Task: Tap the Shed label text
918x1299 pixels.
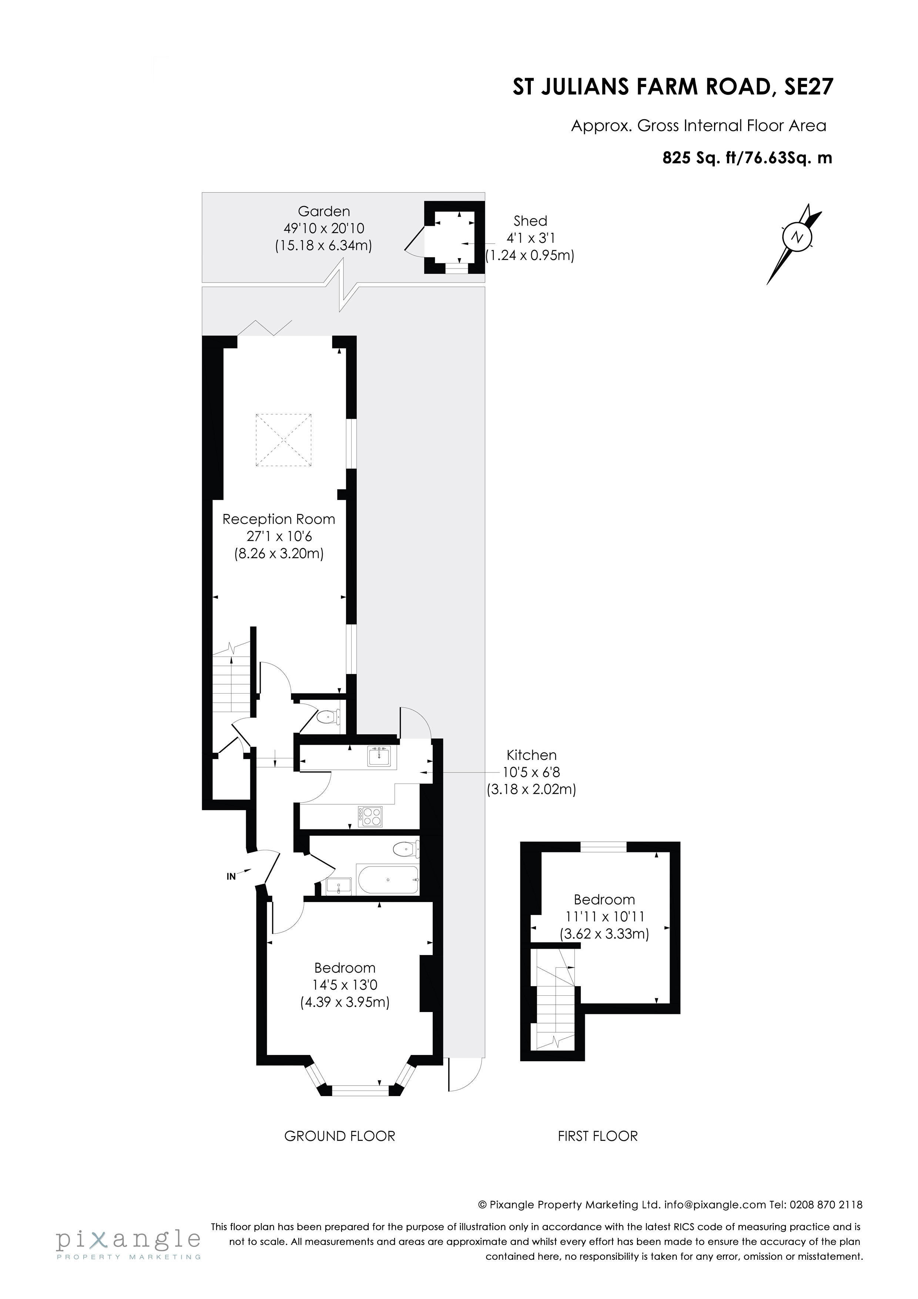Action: point(530,221)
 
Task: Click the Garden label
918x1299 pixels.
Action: point(324,211)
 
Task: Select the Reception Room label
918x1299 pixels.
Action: point(278,520)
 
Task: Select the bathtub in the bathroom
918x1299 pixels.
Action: point(388,880)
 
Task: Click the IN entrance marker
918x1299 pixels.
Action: point(231,876)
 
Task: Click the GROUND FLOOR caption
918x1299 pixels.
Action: point(339,1136)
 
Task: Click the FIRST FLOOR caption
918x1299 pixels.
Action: point(597,1136)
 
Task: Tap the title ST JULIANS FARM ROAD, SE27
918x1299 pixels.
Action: point(673,88)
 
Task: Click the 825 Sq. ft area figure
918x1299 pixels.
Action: point(697,158)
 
